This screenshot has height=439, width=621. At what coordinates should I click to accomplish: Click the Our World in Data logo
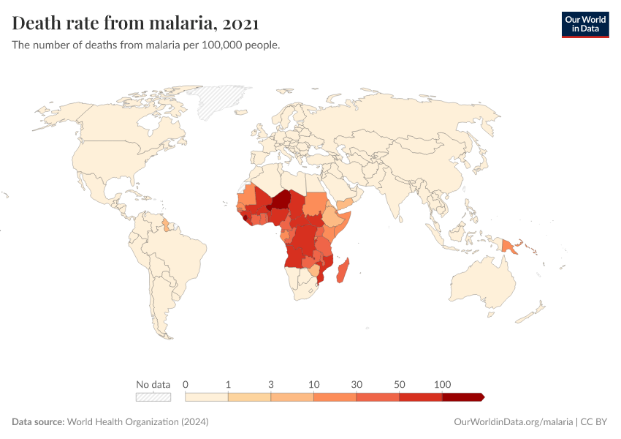(x=584, y=24)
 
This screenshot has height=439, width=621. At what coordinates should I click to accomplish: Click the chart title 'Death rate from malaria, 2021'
(x=135, y=23)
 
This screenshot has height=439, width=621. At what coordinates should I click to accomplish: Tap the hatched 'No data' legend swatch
(x=153, y=397)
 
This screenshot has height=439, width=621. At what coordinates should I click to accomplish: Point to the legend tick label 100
(x=442, y=384)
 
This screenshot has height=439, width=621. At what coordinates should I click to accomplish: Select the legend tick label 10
(x=313, y=384)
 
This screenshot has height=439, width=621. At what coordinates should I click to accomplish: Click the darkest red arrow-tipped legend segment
(x=462, y=397)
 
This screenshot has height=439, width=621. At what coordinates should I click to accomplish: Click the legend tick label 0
(x=186, y=384)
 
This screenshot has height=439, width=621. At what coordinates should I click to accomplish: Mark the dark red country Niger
(x=283, y=200)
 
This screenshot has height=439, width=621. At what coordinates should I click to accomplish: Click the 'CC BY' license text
(x=595, y=422)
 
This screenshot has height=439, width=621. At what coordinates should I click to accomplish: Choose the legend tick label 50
(x=399, y=384)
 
